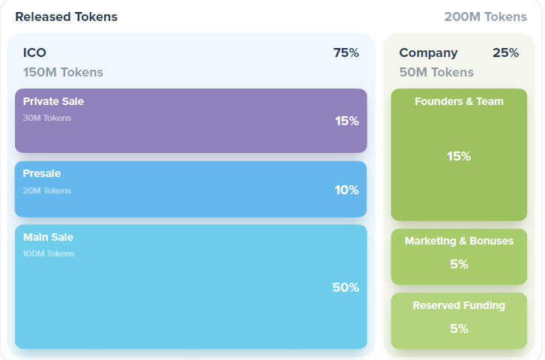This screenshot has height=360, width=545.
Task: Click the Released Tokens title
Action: [66, 16]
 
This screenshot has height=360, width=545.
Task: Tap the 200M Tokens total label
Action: [485, 16]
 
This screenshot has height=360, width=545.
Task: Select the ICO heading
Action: [34, 52]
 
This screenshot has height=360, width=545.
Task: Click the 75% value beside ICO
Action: [346, 52]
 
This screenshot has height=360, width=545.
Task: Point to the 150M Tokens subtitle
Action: [63, 72]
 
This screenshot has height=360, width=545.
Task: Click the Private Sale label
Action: [53, 101]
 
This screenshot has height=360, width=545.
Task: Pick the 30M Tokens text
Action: [47, 118]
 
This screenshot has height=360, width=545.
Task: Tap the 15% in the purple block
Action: [347, 121]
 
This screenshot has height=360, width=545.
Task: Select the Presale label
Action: [42, 173]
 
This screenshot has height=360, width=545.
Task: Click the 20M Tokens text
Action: [47, 190]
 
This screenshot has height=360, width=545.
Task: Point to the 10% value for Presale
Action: [347, 190]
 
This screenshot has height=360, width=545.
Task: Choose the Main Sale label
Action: [48, 237]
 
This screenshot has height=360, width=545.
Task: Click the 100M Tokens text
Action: [49, 253]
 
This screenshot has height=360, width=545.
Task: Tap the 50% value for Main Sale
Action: [346, 287]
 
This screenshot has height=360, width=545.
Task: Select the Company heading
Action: [428, 52]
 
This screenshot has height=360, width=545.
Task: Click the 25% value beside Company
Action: [505, 52]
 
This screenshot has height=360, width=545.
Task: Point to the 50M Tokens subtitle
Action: [436, 72]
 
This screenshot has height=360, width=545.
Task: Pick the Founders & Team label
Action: [459, 101]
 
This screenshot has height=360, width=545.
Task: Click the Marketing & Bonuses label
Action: [459, 241]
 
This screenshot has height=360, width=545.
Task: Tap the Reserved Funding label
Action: [459, 305]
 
